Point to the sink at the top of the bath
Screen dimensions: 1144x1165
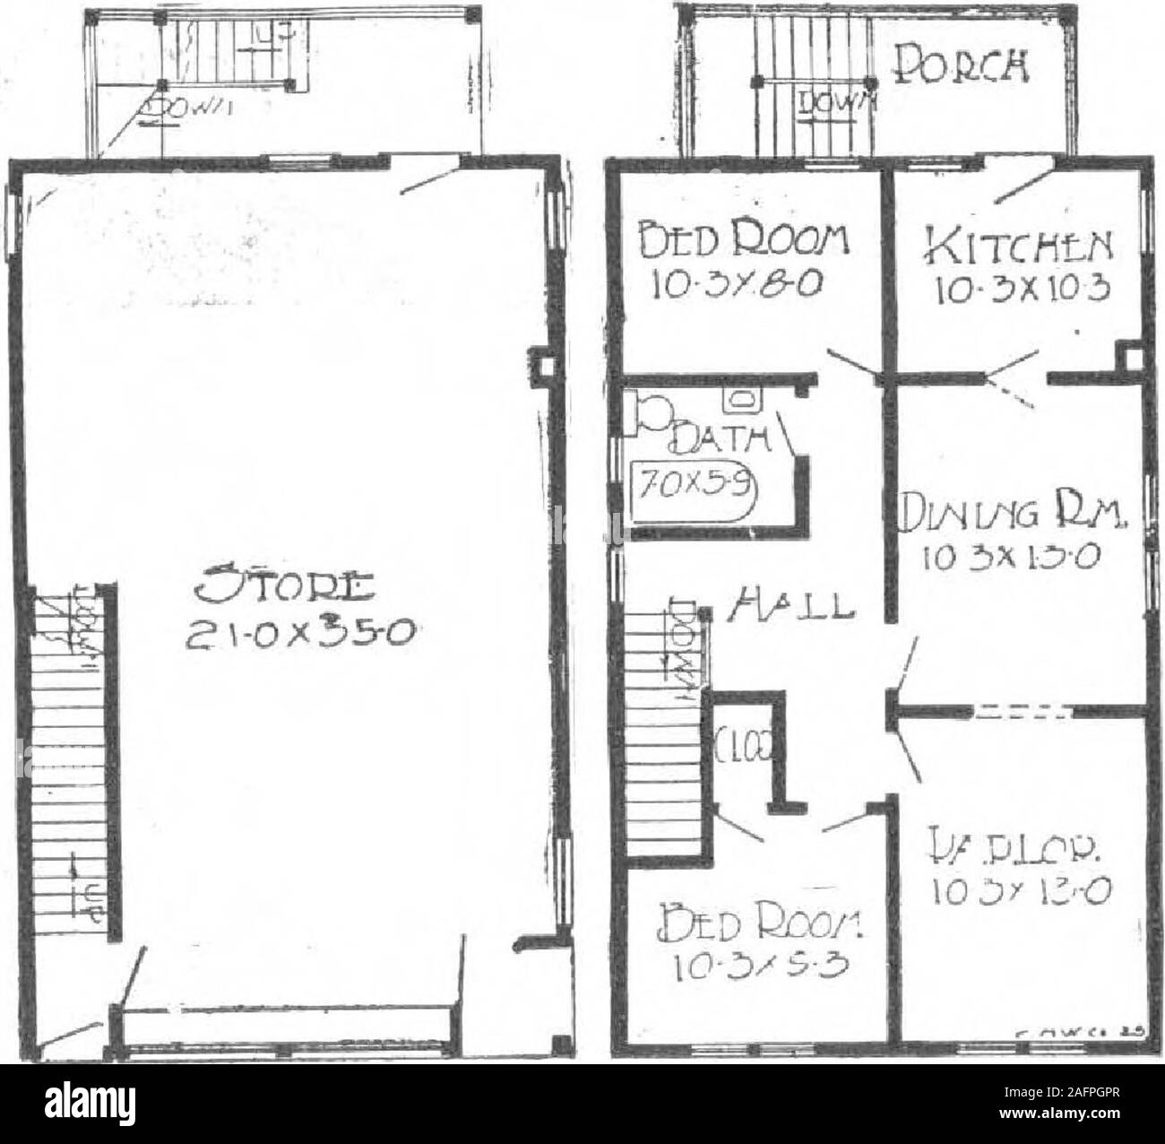pos(741,397)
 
